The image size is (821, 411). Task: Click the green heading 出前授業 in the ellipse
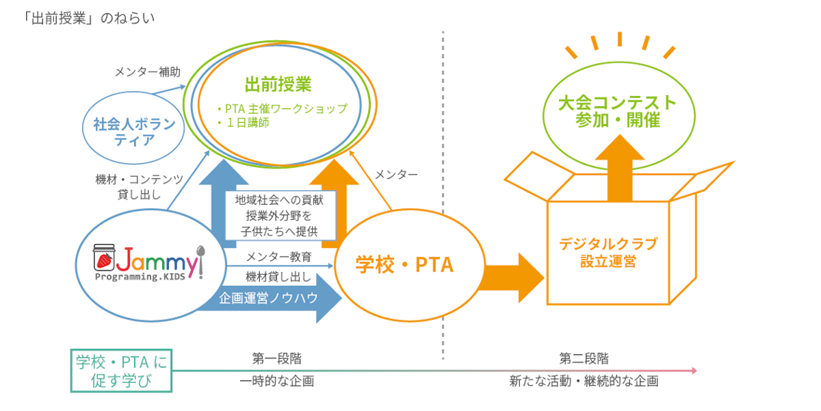pyautogui.click(x=278, y=85)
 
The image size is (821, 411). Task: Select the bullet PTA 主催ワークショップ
pyautogui.click(x=281, y=108)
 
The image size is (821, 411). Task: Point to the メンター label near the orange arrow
pyautogui.click(x=396, y=175)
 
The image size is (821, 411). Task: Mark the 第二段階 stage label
pyautogui.click(x=584, y=358)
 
